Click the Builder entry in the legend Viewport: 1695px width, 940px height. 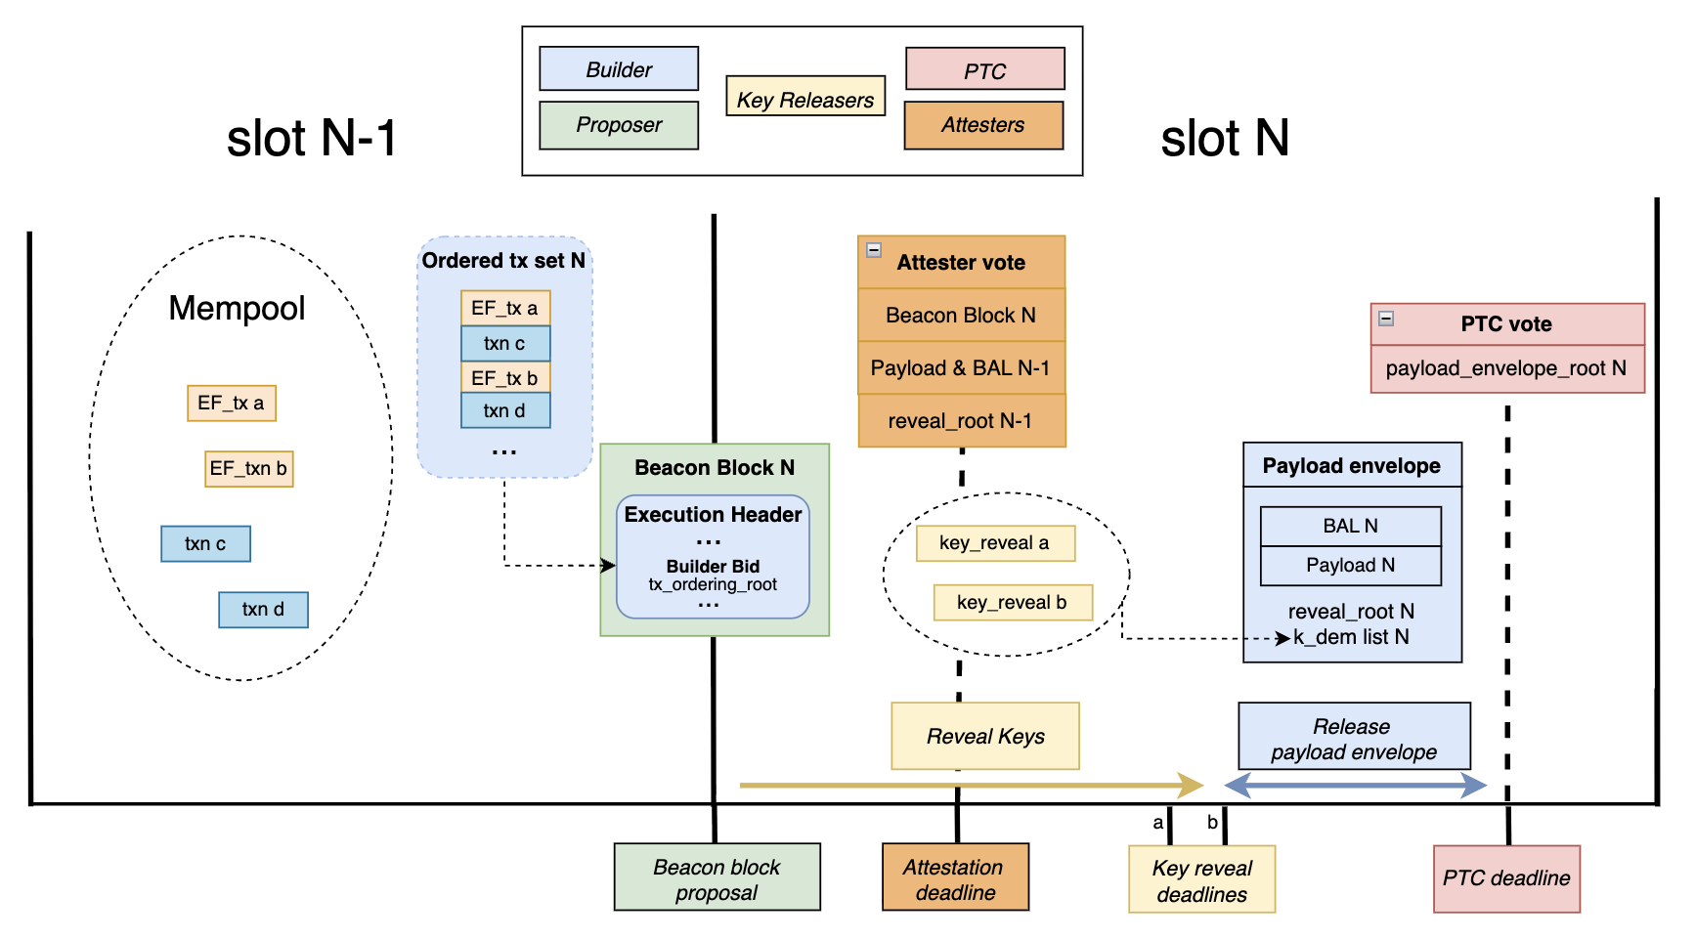click(618, 69)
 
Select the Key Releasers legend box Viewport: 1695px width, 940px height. click(804, 98)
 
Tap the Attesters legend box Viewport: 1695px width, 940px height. click(982, 125)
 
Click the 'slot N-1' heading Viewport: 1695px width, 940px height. click(311, 138)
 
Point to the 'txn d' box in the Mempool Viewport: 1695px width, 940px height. click(263, 610)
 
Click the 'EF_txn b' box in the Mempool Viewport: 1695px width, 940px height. click(248, 469)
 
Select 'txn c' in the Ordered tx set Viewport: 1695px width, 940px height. click(504, 344)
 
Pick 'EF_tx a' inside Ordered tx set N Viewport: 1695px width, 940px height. click(504, 309)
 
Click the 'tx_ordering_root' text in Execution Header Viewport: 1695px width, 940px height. click(713, 585)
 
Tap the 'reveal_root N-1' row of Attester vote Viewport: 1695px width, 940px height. click(960, 421)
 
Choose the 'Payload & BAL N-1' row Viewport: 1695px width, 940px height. click(960, 368)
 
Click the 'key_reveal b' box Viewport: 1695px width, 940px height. click(1012, 603)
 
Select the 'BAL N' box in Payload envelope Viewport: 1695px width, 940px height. click(1350, 527)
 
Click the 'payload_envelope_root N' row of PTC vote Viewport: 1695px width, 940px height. click(1505, 368)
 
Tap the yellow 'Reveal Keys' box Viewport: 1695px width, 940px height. click(984, 737)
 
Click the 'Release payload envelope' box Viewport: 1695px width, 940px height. click(1353, 739)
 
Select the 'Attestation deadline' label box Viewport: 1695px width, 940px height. click(954, 879)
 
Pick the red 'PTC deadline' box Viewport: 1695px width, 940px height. click(1505, 878)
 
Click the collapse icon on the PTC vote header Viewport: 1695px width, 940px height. click(1385, 319)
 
